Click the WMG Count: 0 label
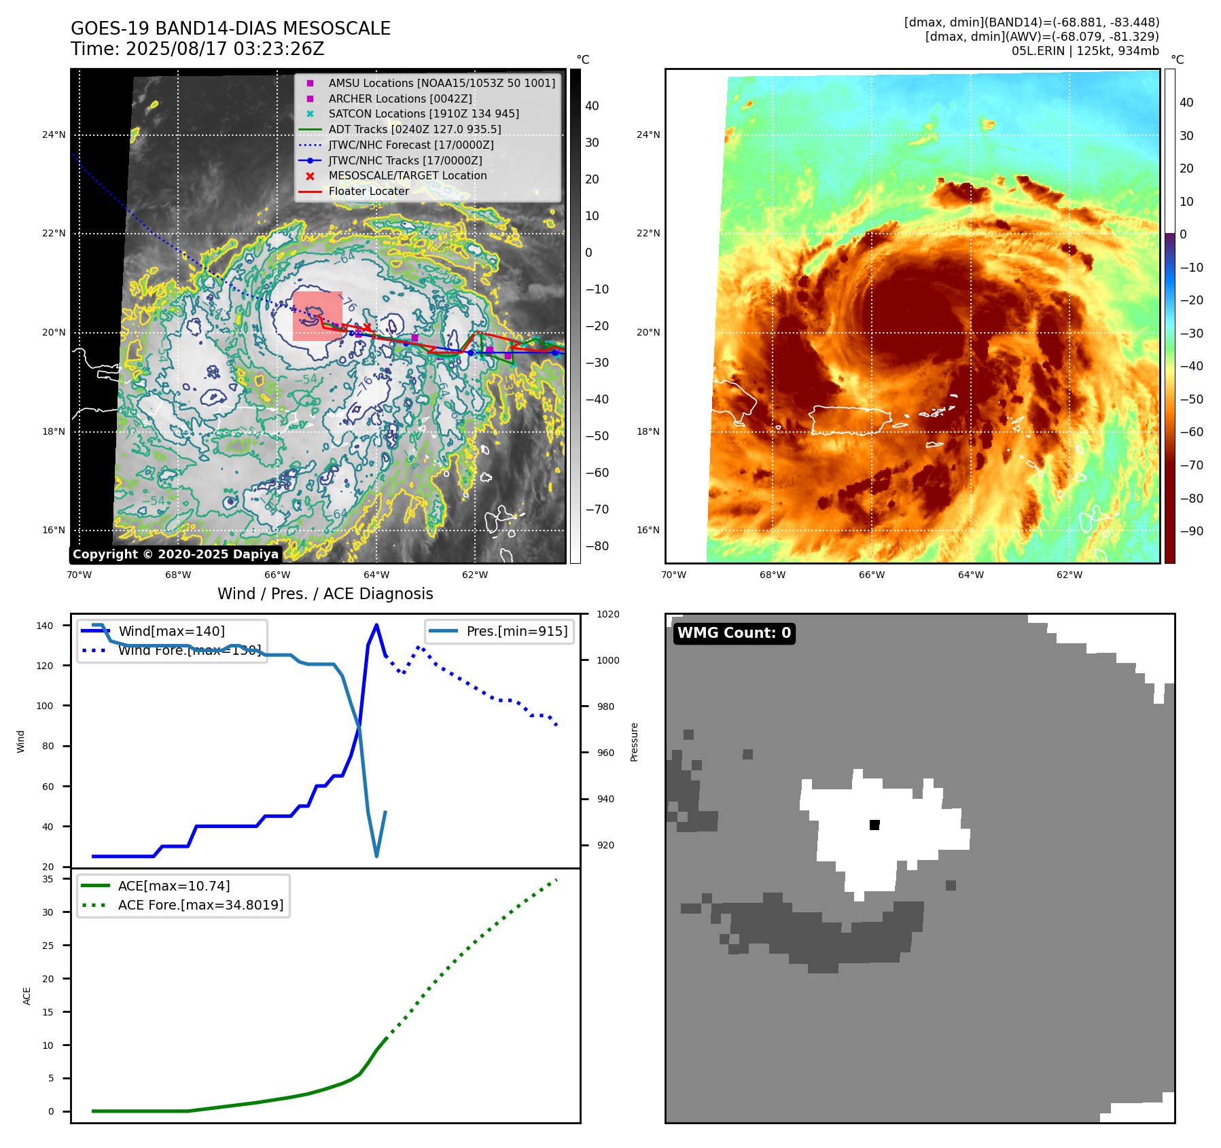[x=734, y=633]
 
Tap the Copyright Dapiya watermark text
[x=175, y=554]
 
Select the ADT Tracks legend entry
[x=414, y=129]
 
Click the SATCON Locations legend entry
[x=423, y=113]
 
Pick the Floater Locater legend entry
[x=368, y=191]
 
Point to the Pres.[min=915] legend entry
[x=516, y=631]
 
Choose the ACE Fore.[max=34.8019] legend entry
[x=200, y=905]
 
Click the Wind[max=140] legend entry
[x=171, y=631]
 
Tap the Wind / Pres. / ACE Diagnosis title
[x=325, y=594]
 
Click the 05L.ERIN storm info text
[x=1084, y=51]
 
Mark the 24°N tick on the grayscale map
[x=54, y=134]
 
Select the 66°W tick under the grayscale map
[x=277, y=575]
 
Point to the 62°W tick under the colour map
[x=1069, y=575]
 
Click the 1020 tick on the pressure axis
[x=607, y=614]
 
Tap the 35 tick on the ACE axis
[x=48, y=879]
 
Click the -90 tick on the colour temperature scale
[x=1191, y=531]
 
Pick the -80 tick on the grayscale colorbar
[x=597, y=546]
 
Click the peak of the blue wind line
[x=376, y=625]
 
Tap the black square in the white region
[x=874, y=825]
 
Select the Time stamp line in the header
[x=197, y=49]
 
